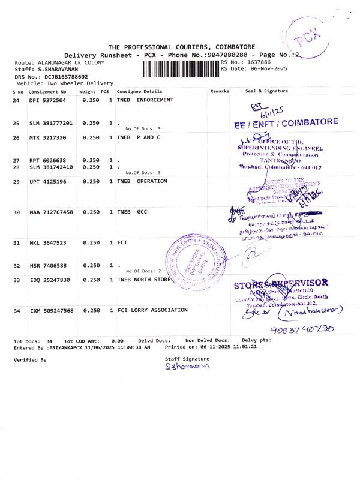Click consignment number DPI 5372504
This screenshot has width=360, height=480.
click(x=48, y=100)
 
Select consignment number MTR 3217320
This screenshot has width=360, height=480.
click(x=48, y=137)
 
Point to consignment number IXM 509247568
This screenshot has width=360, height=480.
click(x=52, y=310)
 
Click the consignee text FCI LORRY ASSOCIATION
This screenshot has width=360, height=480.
click(x=152, y=310)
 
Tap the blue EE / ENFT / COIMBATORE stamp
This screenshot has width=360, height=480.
click(x=286, y=122)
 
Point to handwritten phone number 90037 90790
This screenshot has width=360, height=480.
click(x=302, y=330)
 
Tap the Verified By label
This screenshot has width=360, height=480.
click(x=30, y=359)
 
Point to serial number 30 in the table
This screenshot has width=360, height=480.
click(x=17, y=212)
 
